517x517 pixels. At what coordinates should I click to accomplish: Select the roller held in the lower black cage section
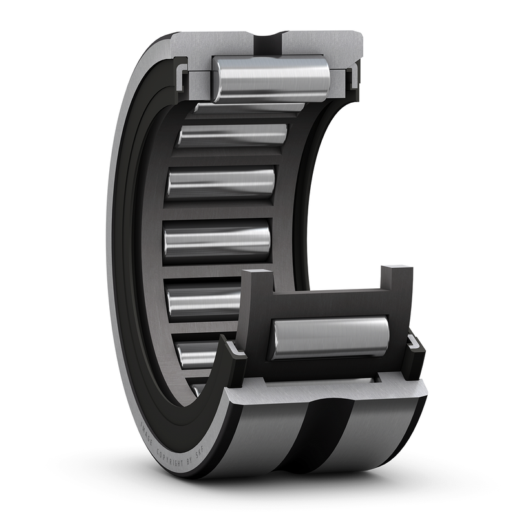click(330, 337)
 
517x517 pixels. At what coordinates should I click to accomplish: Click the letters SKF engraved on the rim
click(206, 461)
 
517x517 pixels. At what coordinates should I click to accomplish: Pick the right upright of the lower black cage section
click(397, 284)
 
